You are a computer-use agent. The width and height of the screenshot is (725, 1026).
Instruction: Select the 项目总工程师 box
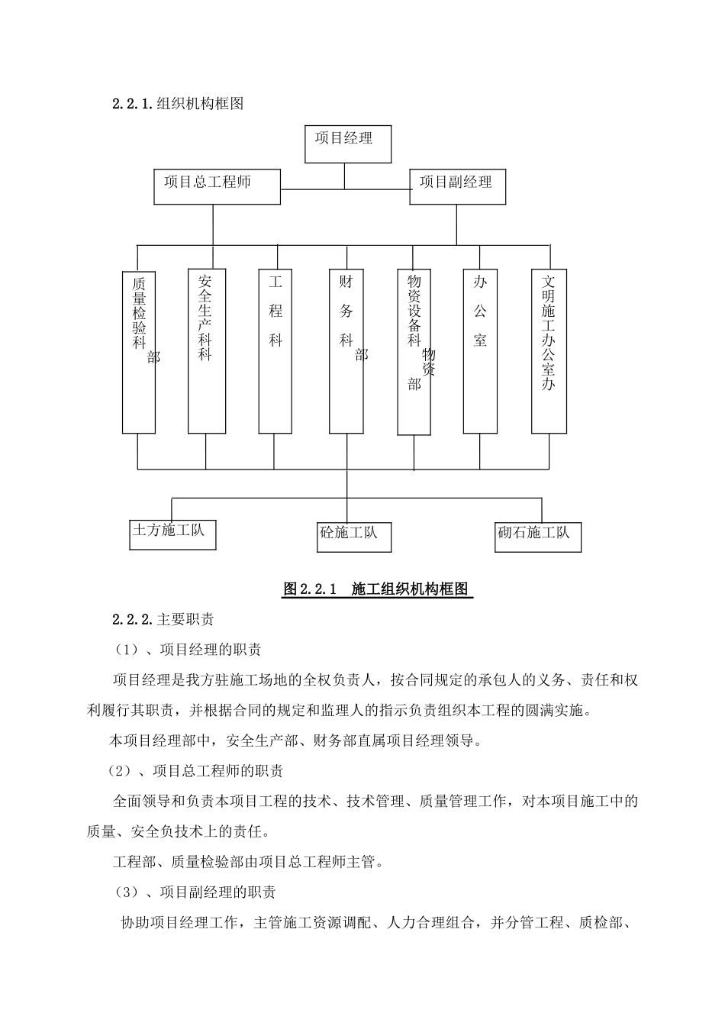coord(217,186)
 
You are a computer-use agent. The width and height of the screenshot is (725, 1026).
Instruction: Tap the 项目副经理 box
coord(457,186)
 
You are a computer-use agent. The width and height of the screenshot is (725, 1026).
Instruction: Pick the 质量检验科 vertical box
coord(139,351)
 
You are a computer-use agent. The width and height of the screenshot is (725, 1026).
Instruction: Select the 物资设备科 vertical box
coord(414,351)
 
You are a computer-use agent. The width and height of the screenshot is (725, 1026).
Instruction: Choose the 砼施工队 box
coord(354,535)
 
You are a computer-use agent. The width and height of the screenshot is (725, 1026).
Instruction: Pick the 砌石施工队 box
coord(537,535)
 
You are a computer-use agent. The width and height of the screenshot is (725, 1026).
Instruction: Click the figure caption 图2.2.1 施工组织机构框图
coord(378,589)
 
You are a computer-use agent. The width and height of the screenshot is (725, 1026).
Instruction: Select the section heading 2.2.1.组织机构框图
coord(178,104)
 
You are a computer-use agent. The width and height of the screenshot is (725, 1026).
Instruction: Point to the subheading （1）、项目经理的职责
coord(188,650)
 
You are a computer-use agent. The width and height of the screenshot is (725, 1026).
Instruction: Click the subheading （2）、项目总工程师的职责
coord(195,771)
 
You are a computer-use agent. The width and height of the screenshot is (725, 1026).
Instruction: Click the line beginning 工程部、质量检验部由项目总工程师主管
coord(248,862)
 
